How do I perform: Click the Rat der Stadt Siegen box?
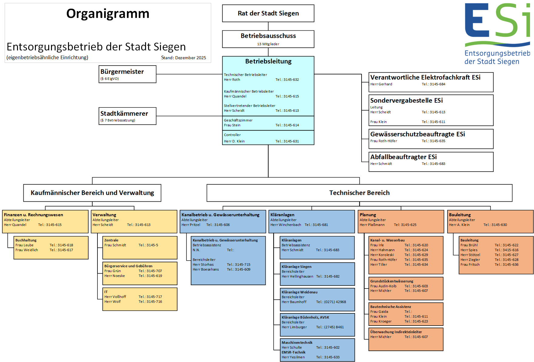coord(268,13)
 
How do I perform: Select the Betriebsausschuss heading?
coord(268,36)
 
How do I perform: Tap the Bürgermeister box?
coord(127,74)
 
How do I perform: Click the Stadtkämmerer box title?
coord(124,114)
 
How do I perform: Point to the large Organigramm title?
coord(108,14)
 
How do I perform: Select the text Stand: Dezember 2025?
coord(183,58)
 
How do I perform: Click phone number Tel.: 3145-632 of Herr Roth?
coord(287,80)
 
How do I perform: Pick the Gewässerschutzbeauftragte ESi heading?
coord(417,134)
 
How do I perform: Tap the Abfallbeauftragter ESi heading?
coord(403,157)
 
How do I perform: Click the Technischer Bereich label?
coord(359,193)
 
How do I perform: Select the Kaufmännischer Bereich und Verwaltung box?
coord(92,193)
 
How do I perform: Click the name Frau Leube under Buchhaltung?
coord(25,245)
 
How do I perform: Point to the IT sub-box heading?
coord(106,292)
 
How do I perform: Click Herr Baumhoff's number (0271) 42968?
coord(331,302)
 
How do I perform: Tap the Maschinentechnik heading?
coord(297,343)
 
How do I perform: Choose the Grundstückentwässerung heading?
coord(392,281)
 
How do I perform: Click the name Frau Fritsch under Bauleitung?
coord(470,265)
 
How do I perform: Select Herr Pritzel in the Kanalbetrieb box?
coord(191,225)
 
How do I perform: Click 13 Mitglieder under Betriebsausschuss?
coord(268,44)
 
